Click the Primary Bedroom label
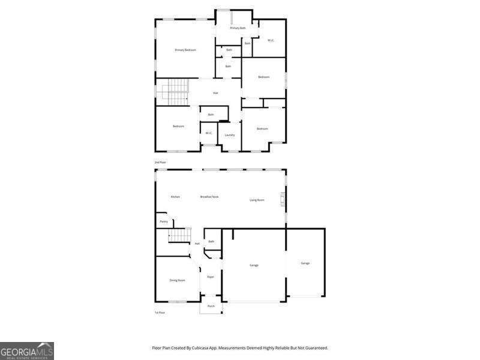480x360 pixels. pos(185,50)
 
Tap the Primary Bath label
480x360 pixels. pos(238,28)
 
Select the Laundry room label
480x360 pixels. pos(229,135)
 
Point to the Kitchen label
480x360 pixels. pos(175,197)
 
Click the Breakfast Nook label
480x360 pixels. pos(209,197)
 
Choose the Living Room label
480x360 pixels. pos(257,200)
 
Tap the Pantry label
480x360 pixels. pos(164,221)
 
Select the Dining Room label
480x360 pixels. pos(177,280)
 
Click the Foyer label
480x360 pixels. pos(211,277)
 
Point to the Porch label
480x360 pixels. pos(211,306)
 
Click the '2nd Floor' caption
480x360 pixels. pos(160,163)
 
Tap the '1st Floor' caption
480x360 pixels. pos(160,313)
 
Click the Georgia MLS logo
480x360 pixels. pos(27,350)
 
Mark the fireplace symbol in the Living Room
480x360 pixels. pos(283,200)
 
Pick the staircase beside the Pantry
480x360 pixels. pos(179,235)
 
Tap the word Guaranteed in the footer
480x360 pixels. pos(316,348)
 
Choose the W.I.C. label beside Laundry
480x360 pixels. pos(208,133)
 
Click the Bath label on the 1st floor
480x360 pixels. pos(211,241)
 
